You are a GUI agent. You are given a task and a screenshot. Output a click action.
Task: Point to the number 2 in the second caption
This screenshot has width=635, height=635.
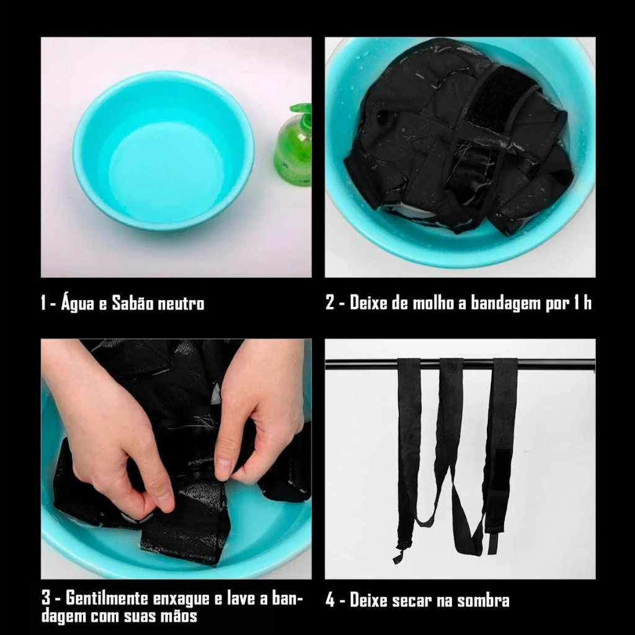click(x=330, y=303)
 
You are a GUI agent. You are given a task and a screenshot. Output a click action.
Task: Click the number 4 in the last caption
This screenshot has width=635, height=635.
click(x=331, y=600)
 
